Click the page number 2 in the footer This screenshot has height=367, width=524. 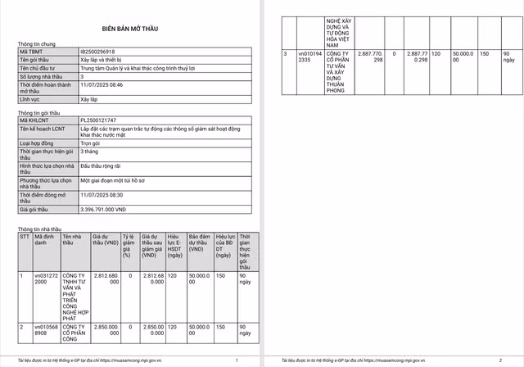499,360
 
